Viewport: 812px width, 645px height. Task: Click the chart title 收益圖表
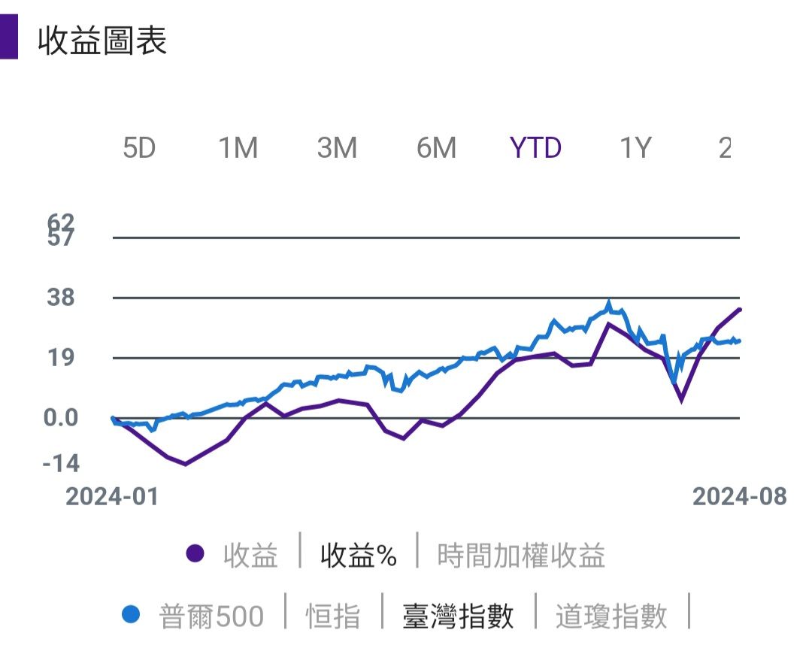tap(102, 41)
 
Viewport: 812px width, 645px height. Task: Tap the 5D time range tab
tap(139, 148)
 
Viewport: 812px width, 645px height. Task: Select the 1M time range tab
tap(238, 148)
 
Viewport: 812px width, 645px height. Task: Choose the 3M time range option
tap(337, 148)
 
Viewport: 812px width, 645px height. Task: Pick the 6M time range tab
tap(437, 148)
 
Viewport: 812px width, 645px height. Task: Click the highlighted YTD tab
tap(535, 148)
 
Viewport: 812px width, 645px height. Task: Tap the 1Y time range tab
tap(635, 148)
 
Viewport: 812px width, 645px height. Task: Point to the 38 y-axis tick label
tap(62, 298)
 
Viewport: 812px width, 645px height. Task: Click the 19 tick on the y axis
tap(62, 358)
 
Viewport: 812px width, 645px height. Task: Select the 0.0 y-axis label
tap(61, 418)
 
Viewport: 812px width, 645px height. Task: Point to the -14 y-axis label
tap(61, 464)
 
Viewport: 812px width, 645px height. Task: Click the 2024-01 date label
tap(112, 496)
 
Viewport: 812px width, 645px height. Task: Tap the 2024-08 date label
tap(739, 496)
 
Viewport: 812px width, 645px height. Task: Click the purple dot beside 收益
tap(195, 555)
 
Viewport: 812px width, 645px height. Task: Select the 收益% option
tap(358, 556)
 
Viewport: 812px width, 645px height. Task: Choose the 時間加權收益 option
tap(521, 556)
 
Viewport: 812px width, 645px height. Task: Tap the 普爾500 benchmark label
tap(211, 616)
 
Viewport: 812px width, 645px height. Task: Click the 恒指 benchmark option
tap(333, 616)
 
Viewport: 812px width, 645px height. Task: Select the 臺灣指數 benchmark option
tap(459, 616)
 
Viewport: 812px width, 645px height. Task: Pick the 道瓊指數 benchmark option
tap(611, 616)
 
